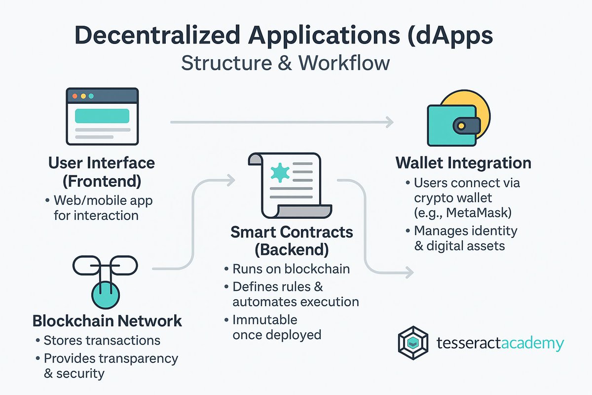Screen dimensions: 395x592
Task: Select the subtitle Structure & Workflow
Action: coord(286,64)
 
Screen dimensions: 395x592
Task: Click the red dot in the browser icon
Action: coord(75,96)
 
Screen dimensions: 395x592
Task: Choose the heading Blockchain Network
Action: coord(107,321)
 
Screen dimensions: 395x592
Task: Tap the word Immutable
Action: coord(264,319)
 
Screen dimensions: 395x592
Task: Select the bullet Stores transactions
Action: coord(102,340)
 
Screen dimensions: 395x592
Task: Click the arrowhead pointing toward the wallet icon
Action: coord(389,122)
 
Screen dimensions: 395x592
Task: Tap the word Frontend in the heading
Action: coord(102,181)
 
